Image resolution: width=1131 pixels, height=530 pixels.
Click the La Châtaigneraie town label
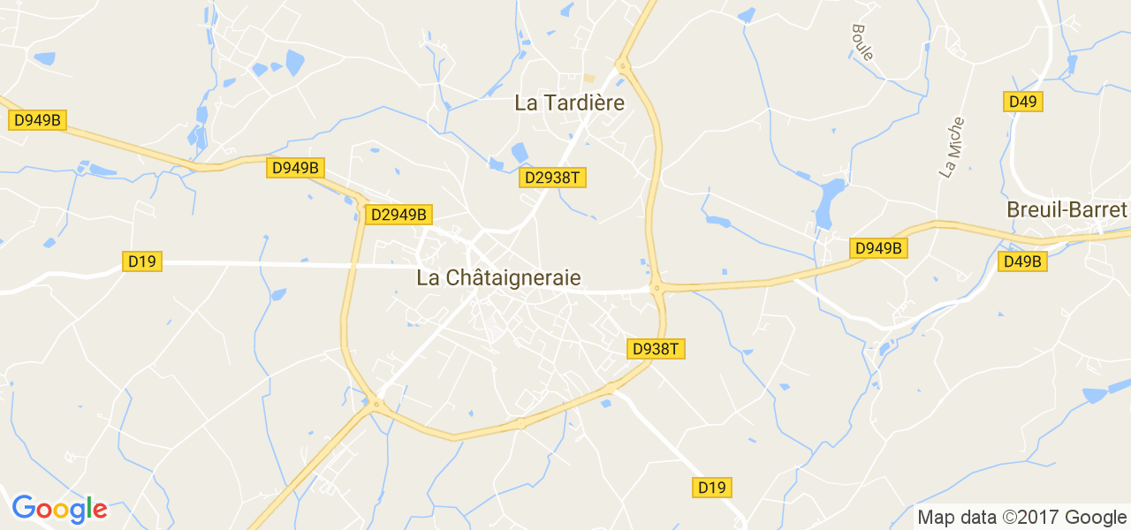[x=498, y=277]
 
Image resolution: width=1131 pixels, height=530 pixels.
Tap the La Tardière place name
[x=569, y=103]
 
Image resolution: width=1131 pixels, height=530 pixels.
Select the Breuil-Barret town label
[x=1066, y=210]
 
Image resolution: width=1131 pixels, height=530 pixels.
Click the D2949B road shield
[x=399, y=214]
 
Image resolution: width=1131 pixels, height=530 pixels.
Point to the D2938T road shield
[x=552, y=178]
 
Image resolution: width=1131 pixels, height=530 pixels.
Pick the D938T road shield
[x=657, y=349]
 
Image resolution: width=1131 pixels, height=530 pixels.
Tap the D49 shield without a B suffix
[x=1022, y=102]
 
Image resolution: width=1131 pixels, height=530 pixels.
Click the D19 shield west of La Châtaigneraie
[x=141, y=261]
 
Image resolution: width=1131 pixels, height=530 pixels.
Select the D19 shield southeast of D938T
[x=712, y=487]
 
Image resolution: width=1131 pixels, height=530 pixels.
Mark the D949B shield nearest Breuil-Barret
[x=878, y=248]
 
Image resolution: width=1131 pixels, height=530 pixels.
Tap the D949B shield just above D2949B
[x=295, y=167]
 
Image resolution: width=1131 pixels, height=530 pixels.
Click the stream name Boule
[x=862, y=42]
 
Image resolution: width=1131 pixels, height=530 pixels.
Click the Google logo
[x=59, y=509]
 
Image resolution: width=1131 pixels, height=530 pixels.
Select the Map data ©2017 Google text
[x=1021, y=518]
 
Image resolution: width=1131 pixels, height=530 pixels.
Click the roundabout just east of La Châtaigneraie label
[x=656, y=287]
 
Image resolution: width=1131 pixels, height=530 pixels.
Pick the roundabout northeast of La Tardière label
[x=623, y=64]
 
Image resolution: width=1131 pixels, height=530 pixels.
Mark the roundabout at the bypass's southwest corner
[x=377, y=405]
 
